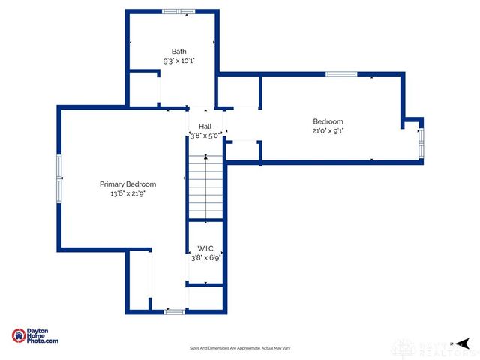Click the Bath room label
tap(178, 51)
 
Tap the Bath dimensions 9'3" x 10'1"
tap(178, 61)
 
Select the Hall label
tap(205, 127)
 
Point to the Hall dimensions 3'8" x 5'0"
tap(205, 136)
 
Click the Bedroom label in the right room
tap(328, 121)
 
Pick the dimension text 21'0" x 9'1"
tap(328, 131)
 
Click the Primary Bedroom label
tap(128, 184)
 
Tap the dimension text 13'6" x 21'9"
tap(128, 193)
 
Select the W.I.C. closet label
tap(205, 248)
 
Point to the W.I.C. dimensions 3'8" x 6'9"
tap(205, 258)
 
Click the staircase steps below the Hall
tap(205, 187)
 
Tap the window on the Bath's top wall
tap(179, 11)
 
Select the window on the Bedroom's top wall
tap(341, 73)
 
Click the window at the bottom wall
tap(174, 310)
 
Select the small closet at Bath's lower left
tap(144, 88)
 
